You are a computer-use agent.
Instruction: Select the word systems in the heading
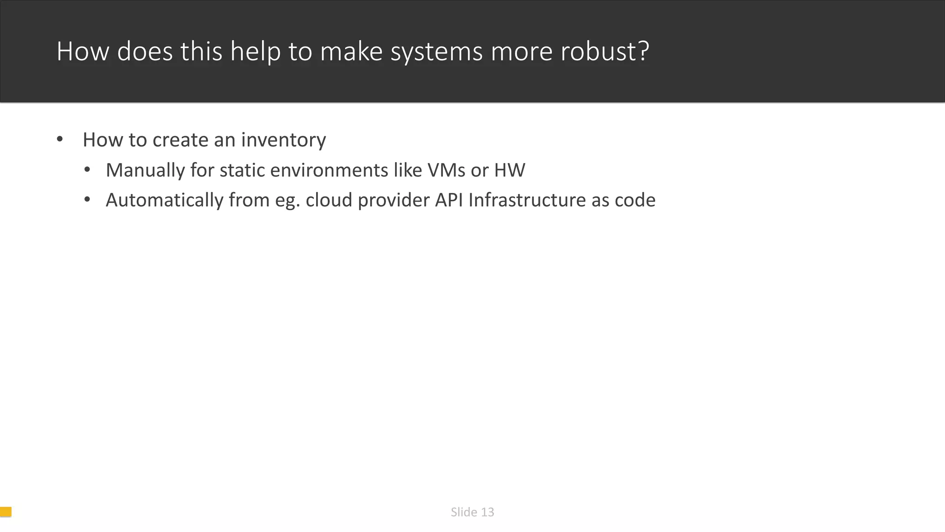tap(437, 52)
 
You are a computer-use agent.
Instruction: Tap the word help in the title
tap(255, 51)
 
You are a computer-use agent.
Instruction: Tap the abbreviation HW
tap(509, 170)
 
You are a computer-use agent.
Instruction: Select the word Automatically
tap(164, 200)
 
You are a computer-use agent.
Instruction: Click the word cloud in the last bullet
tap(329, 200)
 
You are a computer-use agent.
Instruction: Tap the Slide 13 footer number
tap(472, 512)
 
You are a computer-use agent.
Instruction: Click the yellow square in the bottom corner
tap(6, 512)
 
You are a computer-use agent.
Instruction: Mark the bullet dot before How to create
tap(60, 139)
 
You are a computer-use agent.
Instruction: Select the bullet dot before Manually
tap(87, 170)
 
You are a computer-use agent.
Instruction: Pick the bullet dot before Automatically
tap(87, 200)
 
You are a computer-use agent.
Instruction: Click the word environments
tap(329, 170)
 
